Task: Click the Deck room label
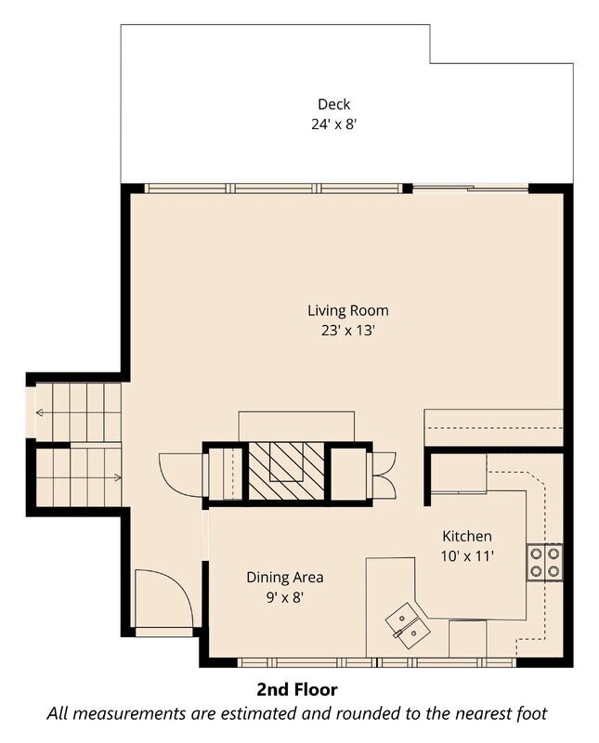pos(333,104)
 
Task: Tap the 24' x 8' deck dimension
pos(333,124)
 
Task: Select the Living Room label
pos(348,310)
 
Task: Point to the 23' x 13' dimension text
pos(348,331)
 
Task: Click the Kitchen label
pos(467,536)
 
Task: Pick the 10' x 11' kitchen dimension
pos(467,555)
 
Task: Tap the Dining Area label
pos(285,577)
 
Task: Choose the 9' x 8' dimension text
pos(285,597)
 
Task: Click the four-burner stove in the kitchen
pos(544,562)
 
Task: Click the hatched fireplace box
pos(286,471)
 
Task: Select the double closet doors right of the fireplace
pos(382,475)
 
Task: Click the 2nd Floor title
pos(297,689)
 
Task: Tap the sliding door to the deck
pos(471,189)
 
